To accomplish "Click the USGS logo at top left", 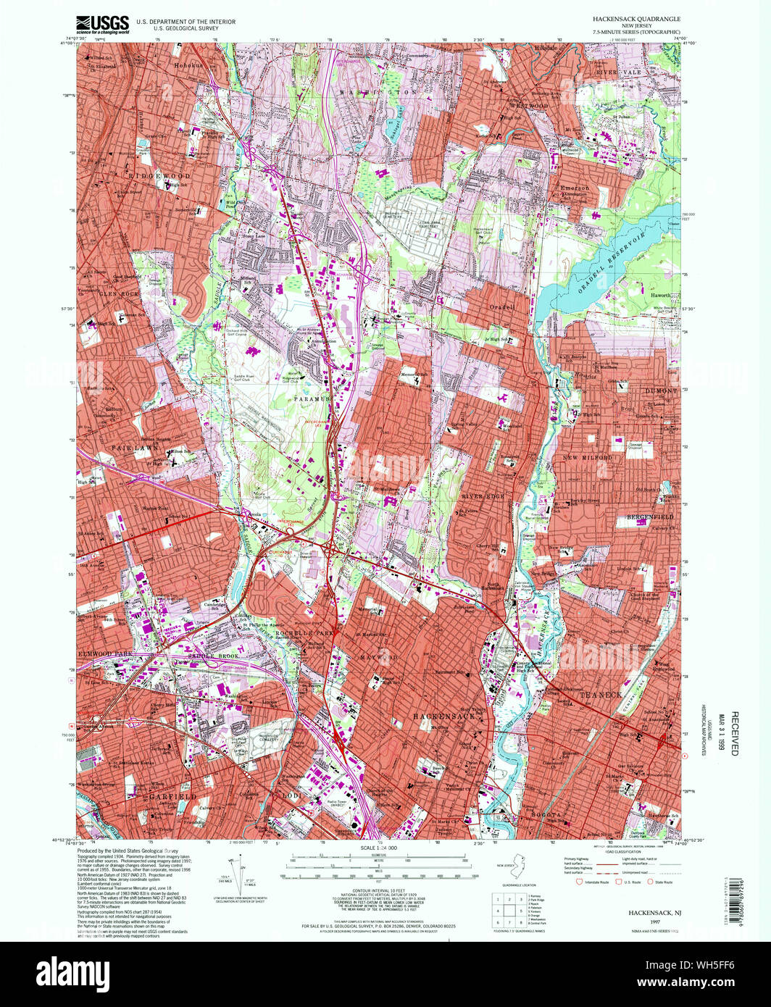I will click(x=102, y=24).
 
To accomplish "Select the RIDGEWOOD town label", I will click(x=160, y=176).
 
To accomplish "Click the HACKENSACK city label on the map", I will click(x=443, y=716).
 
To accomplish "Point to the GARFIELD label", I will click(x=173, y=796).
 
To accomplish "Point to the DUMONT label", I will click(x=659, y=390).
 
